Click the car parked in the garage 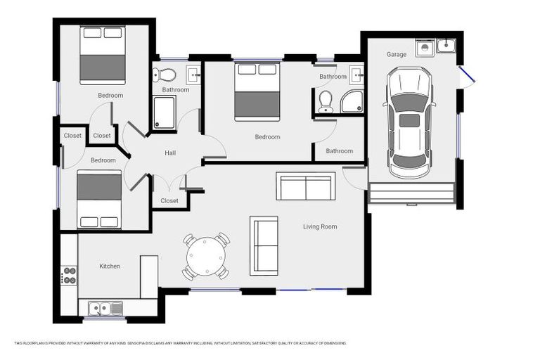409,122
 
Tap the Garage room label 397,54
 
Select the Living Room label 320,226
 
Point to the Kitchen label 110,266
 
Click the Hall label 170,153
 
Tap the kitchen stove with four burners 69,275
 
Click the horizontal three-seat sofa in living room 306,186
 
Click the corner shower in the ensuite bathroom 352,103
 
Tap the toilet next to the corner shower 325,102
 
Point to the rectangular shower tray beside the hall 164,112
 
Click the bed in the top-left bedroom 103,55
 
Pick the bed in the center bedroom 257,91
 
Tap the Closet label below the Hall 169,200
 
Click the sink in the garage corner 445,46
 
